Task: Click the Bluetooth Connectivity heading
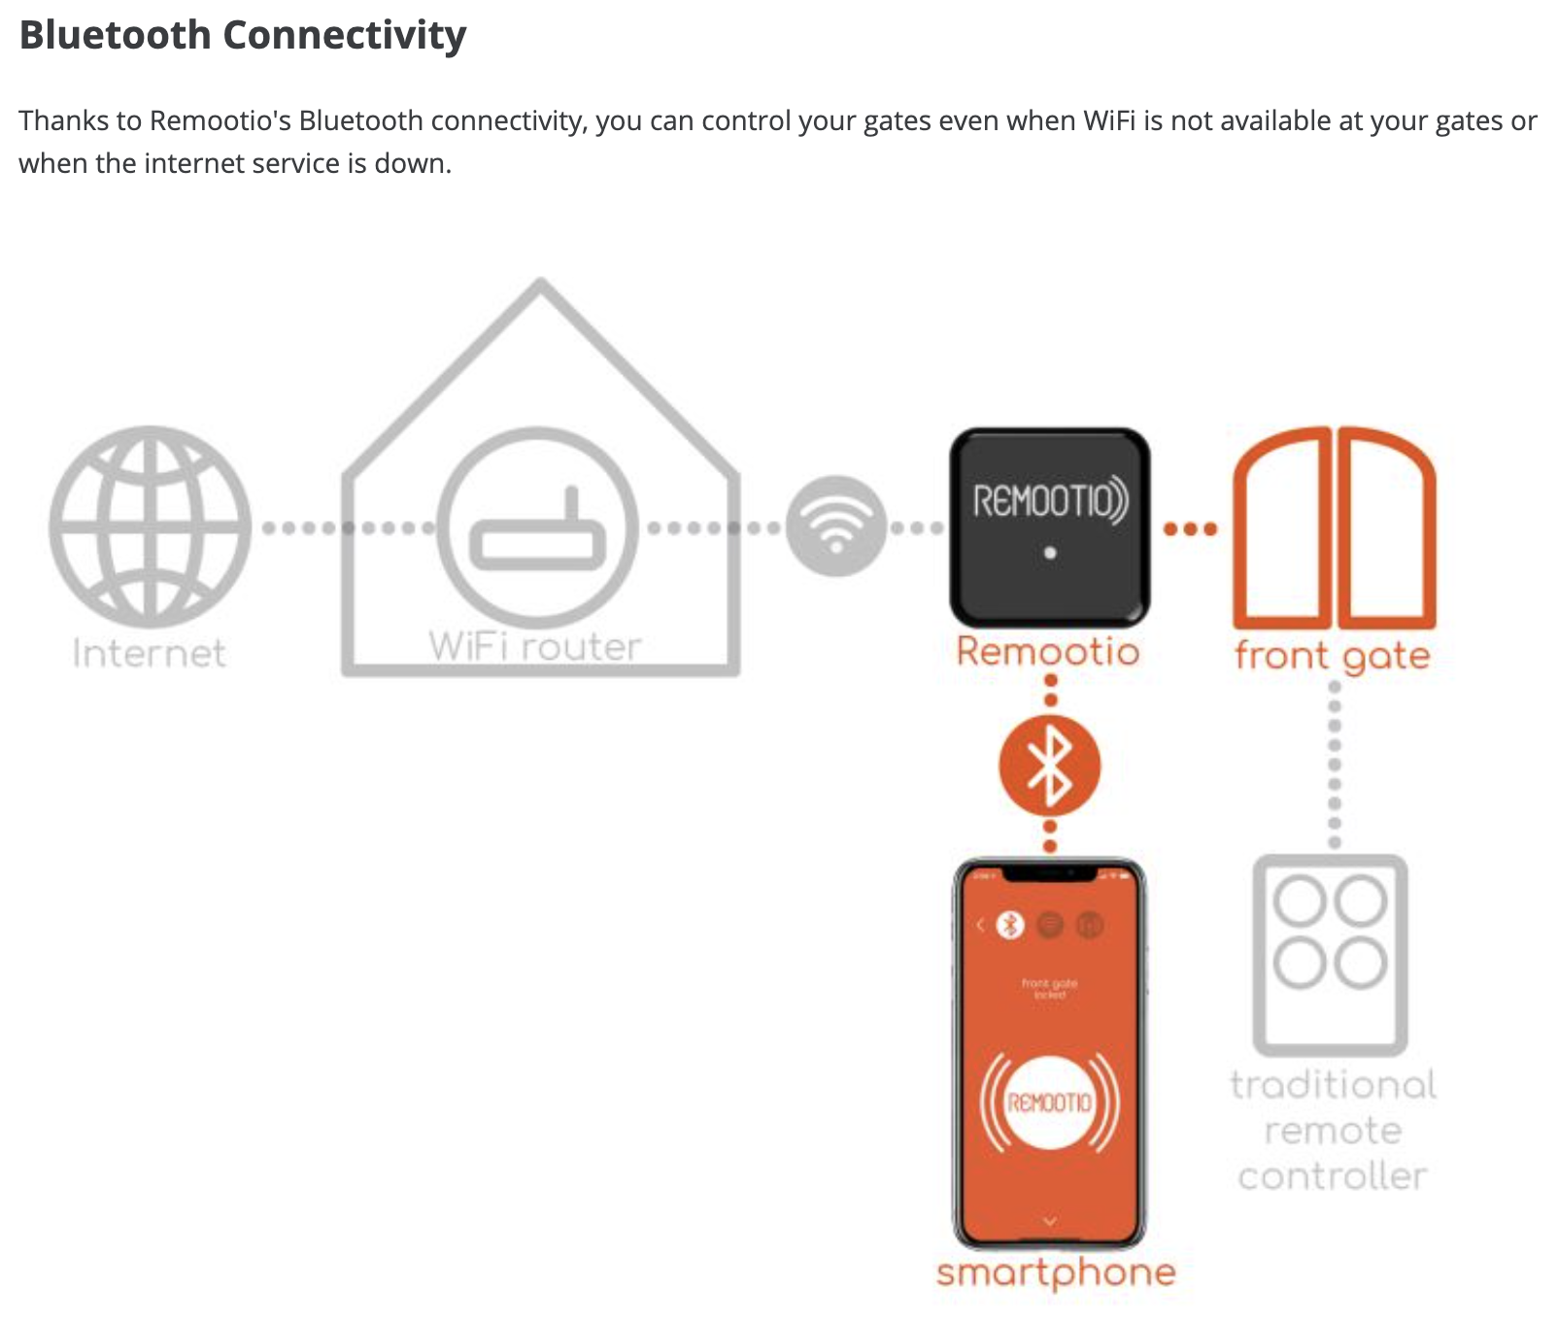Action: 243,35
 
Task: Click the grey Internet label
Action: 150,653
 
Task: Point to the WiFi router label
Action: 535,646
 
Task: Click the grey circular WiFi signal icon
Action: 836,526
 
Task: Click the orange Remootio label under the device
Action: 1048,651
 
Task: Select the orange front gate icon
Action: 1334,527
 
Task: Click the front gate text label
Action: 1332,657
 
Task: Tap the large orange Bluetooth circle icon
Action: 1050,765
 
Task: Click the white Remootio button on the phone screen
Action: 1050,1102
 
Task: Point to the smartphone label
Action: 1056,1272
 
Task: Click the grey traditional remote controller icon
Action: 1331,954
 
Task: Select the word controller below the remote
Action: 1333,1176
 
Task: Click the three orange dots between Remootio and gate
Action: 1190,529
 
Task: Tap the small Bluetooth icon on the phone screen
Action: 1011,925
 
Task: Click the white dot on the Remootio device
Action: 1050,553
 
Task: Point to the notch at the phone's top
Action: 1050,874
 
